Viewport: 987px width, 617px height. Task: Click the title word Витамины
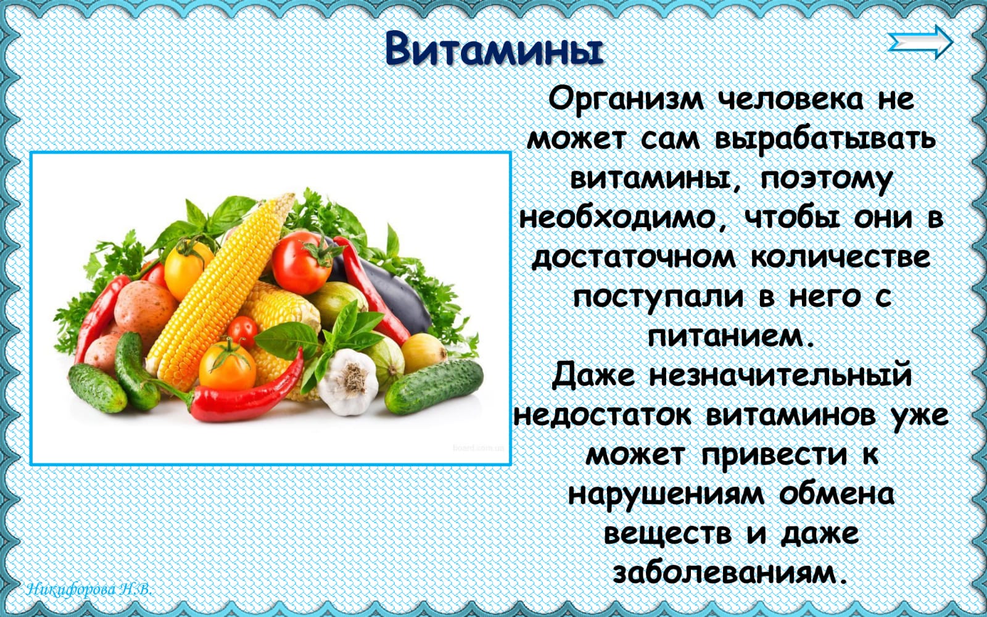tap(494, 49)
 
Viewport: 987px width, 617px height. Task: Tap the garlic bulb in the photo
tap(348, 382)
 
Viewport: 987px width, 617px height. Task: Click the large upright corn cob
tap(220, 291)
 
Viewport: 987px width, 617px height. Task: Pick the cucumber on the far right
tap(434, 386)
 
